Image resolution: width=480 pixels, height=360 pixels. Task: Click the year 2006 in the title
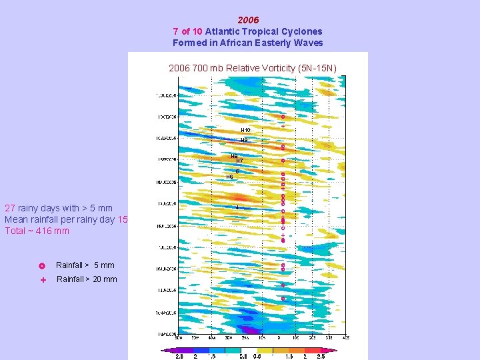tap(248, 20)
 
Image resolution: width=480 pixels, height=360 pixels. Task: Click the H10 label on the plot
tap(245, 129)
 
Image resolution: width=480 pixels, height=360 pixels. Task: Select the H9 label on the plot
tap(244, 140)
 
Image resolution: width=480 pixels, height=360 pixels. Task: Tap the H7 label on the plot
tap(239, 161)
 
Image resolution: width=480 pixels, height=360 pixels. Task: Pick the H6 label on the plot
tap(229, 177)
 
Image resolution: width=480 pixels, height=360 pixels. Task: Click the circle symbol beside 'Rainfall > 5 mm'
tap(42, 266)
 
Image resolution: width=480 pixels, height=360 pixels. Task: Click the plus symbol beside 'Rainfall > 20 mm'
tap(42, 281)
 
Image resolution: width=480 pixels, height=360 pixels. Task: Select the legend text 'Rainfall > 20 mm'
tap(87, 279)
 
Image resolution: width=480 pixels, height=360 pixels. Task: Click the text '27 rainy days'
tap(33, 208)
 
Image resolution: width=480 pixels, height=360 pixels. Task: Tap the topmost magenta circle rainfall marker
tap(283, 117)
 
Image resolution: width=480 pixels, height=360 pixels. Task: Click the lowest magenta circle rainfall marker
tap(283, 298)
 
